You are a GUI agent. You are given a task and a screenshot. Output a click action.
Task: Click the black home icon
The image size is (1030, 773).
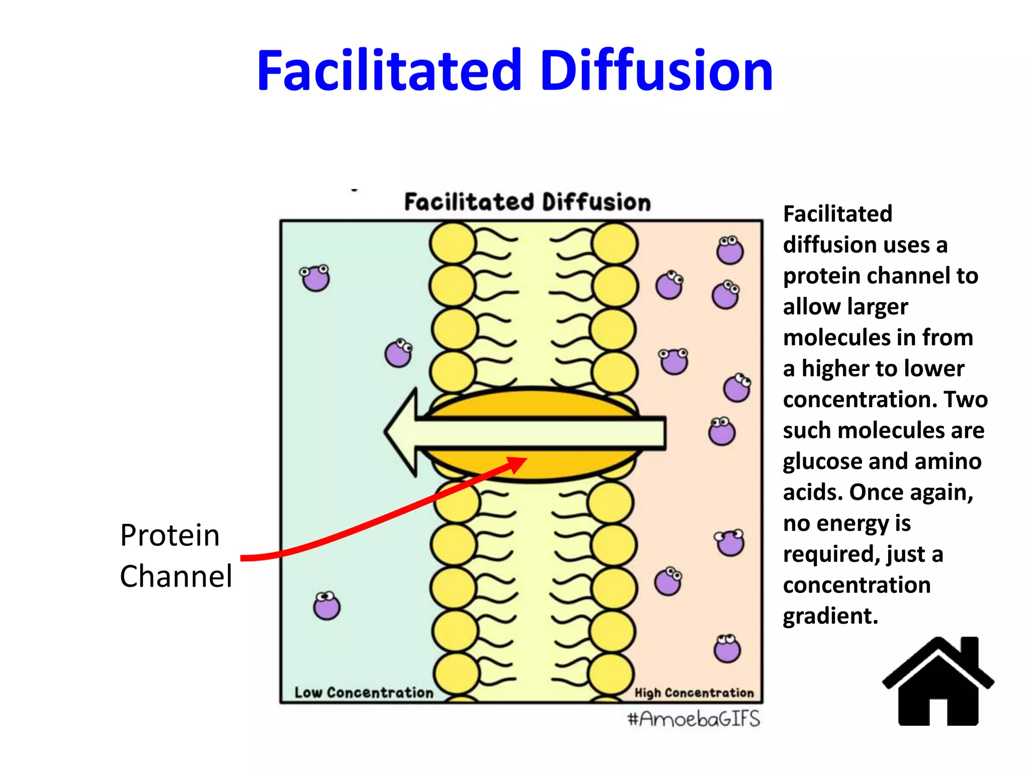938,684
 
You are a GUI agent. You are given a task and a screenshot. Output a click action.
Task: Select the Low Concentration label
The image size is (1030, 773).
364,692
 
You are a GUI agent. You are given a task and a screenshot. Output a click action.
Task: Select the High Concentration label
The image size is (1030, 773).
694,693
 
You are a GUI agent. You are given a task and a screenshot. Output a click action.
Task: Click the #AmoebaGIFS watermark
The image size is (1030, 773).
694,719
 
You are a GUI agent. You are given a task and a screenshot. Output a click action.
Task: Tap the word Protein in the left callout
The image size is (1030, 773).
170,535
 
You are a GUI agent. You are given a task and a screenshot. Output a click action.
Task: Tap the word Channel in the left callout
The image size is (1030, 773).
176,576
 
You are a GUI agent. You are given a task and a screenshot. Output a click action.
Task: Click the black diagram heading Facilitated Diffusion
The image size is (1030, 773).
528,202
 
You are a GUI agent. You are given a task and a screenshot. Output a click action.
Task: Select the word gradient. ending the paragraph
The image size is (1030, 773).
830,616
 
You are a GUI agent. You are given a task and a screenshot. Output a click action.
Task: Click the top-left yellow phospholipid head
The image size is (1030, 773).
453,244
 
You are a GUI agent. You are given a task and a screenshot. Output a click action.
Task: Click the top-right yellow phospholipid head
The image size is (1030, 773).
615,244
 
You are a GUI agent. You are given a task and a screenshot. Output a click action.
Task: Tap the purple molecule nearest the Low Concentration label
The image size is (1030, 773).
327,606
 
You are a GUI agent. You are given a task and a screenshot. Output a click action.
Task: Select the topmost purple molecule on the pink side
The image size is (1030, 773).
730,250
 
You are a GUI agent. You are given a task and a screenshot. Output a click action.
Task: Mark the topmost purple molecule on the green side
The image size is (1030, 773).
315,278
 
